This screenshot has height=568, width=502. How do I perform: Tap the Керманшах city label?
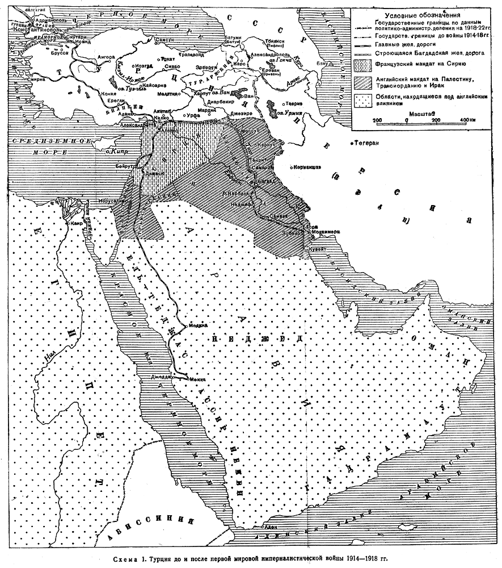[x=308, y=168]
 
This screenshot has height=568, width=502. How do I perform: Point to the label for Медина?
[x=197, y=325]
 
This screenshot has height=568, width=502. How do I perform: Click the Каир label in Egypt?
[x=78, y=223]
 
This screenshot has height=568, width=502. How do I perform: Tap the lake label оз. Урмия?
[x=289, y=114]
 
